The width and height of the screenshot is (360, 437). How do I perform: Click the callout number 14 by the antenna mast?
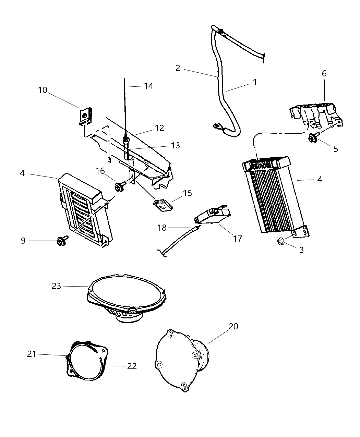[148, 86]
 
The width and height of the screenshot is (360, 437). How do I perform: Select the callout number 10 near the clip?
[43, 90]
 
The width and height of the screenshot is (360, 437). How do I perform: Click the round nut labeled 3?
[280, 242]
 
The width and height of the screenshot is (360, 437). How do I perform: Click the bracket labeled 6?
[315, 113]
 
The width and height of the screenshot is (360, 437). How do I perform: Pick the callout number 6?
[324, 73]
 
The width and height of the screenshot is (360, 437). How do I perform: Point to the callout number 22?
[132, 366]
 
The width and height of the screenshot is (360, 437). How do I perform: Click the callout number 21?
[32, 354]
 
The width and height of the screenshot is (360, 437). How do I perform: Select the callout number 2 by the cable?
[178, 68]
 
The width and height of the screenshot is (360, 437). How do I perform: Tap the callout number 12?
[159, 128]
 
